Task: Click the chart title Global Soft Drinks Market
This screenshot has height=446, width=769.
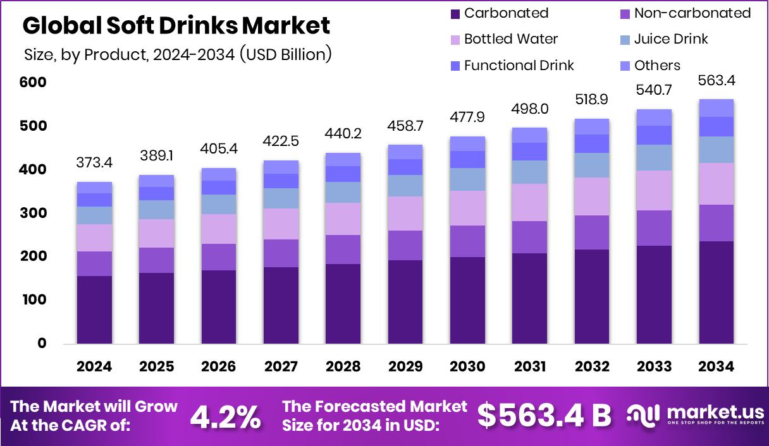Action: coord(176,26)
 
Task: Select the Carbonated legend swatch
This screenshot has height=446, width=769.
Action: coord(455,13)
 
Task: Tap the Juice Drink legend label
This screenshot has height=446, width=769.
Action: coord(671,39)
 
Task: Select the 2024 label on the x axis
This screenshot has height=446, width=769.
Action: coord(94,367)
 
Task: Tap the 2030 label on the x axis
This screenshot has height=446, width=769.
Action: coord(467,367)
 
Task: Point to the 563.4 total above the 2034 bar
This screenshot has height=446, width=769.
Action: coord(717,81)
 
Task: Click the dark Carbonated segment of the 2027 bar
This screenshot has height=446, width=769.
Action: coord(281,305)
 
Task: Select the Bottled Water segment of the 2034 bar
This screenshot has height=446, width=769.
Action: coord(717,184)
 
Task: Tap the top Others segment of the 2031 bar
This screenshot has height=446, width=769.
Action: coord(529,135)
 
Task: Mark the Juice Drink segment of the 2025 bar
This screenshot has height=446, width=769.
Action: coord(156,210)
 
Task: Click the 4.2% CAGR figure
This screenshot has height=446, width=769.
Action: coord(225,416)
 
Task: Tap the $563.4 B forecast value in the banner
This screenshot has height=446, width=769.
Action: coord(544,415)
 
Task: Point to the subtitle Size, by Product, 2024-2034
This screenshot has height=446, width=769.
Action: coord(178,55)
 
